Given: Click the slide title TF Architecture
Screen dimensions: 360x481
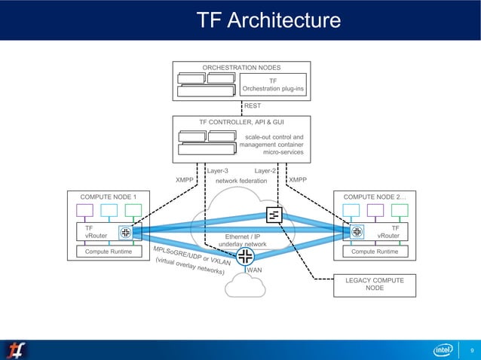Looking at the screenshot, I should pos(268,20).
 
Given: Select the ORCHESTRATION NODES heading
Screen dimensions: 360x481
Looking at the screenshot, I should pos(240,68).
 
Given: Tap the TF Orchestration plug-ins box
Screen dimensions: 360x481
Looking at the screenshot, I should pos(273,84).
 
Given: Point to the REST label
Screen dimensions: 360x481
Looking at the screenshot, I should pos(252,106).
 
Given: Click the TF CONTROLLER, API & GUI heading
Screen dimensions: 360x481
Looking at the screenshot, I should pos(241,121).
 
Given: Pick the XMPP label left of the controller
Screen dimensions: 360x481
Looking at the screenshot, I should pos(185,180).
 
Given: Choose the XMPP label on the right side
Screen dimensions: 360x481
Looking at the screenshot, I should pos(298,180).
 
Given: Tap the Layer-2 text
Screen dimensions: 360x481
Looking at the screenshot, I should pos(266,171).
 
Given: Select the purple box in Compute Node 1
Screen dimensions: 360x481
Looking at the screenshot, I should pos(85,210).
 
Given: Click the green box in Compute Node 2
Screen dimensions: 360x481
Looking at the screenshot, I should pos(400,210).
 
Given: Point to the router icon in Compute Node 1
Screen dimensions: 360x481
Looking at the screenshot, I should pos(125,231).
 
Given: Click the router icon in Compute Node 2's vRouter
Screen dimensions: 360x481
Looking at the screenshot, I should pos(357,231).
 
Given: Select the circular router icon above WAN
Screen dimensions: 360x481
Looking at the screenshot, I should pos(244,257).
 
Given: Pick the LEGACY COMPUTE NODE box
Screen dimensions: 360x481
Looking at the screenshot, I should pos(375,284).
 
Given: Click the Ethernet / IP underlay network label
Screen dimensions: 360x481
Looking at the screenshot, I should pos(242,240).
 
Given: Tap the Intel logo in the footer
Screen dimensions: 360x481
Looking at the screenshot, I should pos(443,349).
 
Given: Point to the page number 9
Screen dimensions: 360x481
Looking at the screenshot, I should pos(472,350).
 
